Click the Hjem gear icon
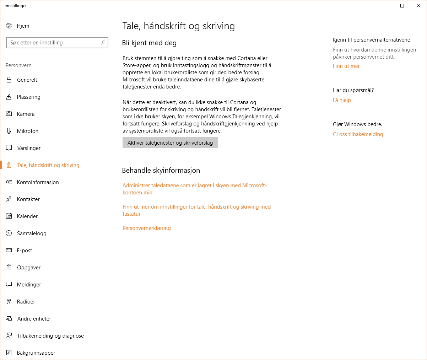[x=9, y=26]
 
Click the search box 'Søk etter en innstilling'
[x=53, y=43]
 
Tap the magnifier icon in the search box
[x=103, y=43]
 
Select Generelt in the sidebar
[x=27, y=80]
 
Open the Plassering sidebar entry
[x=28, y=97]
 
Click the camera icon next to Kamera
[x=9, y=114]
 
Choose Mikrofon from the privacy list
[x=27, y=131]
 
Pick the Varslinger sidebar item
[x=29, y=148]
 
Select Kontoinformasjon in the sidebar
[x=38, y=182]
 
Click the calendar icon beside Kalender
[x=9, y=216]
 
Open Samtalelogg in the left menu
[x=32, y=233]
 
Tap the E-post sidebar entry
[x=25, y=251]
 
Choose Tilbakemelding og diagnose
[x=50, y=336]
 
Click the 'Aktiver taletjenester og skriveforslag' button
[x=170, y=143]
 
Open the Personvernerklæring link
[x=146, y=228]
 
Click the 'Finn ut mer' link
[x=346, y=66]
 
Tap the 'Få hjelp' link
[x=342, y=100]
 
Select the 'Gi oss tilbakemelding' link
[x=358, y=134]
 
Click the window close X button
[x=418, y=6]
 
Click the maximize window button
[x=402, y=6]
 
